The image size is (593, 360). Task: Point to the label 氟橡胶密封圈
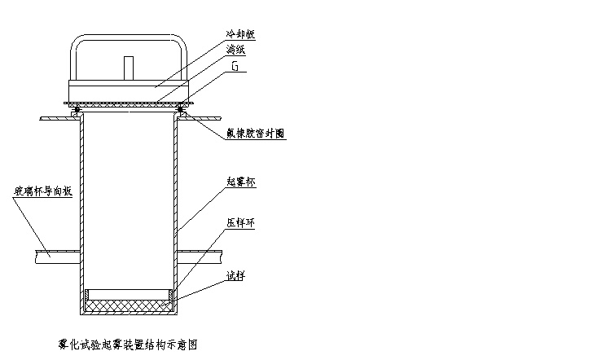(x=255, y=134)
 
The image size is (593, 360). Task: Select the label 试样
(x=236, y=275)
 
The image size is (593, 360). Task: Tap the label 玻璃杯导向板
(x=43, y=192)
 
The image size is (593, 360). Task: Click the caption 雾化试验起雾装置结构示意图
(x=129, y=345)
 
